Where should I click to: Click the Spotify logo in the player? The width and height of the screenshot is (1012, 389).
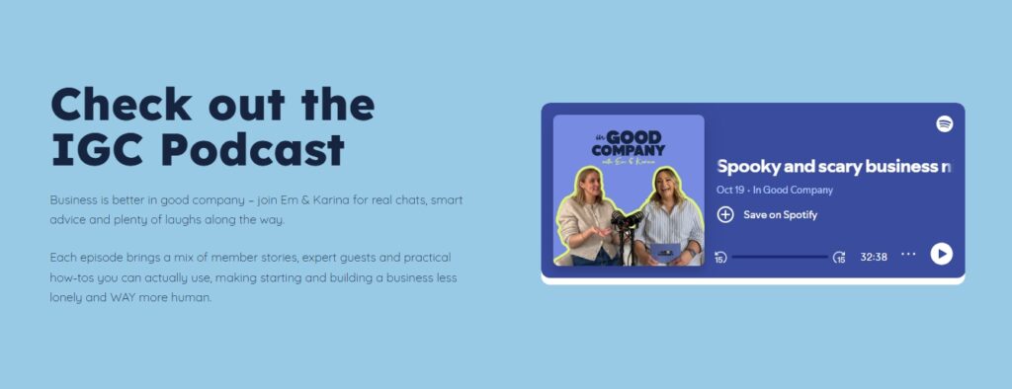944,123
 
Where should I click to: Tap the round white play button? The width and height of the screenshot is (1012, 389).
941,254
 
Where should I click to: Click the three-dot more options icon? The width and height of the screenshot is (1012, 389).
908,254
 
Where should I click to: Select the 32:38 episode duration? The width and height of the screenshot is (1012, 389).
874,257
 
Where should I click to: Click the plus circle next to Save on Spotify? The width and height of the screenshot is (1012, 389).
725,215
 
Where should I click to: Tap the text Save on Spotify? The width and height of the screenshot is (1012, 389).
780,215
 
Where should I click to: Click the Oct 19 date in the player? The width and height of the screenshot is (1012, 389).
730,191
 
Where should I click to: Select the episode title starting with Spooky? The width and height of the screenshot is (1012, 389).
834,167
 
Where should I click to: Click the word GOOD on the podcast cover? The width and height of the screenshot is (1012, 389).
633,137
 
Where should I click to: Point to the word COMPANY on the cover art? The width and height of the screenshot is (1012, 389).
628,152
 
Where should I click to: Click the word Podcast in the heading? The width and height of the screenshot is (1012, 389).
252,150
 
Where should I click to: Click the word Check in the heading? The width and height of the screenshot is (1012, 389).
122,104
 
